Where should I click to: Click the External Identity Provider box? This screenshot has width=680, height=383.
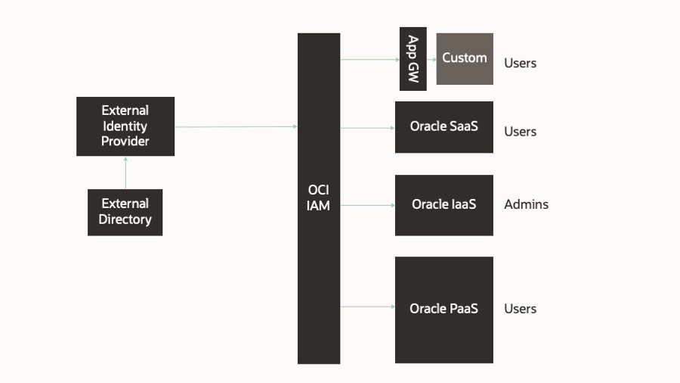[125, 126]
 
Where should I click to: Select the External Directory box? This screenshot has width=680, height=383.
[125, 212]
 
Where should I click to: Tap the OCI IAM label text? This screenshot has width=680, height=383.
[318, 198]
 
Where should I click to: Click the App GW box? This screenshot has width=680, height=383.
[413, 58]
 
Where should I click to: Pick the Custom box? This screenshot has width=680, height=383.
[465, 58]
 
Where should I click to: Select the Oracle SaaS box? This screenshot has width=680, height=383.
[444, 127]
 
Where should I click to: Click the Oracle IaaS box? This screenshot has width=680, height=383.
[444, 204]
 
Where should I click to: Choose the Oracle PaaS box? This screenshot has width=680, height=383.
[444, 309]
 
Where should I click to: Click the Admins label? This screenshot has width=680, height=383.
[526, 204]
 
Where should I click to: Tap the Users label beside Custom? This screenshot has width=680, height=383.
[520, 64]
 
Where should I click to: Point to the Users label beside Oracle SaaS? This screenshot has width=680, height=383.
[520, 132]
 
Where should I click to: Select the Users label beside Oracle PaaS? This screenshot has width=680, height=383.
[520, 309]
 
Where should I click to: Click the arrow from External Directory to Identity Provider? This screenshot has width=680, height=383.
[125, 173]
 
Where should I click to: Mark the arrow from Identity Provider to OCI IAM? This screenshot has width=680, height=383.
[236, 126]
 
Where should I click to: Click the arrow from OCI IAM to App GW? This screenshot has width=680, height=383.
[369, 58]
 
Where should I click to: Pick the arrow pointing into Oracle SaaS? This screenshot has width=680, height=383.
[367, 128]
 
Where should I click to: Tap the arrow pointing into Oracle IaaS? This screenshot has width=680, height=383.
[367, 204]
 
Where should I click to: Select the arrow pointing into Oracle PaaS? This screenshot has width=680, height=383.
[367, 307]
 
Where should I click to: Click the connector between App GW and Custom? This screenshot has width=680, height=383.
[431, 58]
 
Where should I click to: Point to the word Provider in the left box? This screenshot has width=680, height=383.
[125, 142]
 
